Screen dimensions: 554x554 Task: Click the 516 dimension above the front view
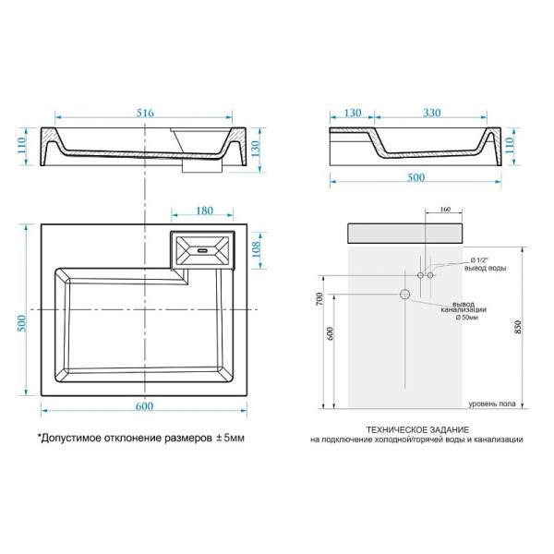click(x=145, y=113)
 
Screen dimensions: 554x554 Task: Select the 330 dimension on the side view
click(x=430, y=113)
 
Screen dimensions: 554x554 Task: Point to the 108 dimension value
click(x=258, y=248)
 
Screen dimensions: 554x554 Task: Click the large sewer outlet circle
click(x=404, y=295)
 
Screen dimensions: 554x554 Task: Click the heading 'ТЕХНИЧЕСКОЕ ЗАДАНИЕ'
click(x=416, y=429)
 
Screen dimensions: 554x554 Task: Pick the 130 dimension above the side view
click(x=352, y=113)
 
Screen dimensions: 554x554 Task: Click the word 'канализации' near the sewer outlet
click(x=458, y=311)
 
